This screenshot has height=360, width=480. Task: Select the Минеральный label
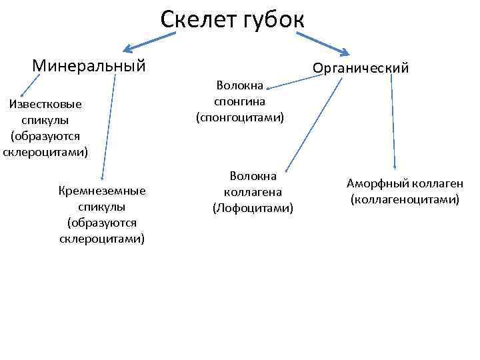[89, 65]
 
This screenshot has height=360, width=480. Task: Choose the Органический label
[361, 68]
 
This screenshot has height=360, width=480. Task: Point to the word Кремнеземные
[102, 191]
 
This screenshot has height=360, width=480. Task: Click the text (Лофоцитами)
[253, 208]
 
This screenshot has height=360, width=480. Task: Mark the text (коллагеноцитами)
[405, 199]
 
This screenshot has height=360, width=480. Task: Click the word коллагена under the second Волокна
[253, 192]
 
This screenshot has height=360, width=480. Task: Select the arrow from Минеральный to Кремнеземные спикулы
[109, 127]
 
